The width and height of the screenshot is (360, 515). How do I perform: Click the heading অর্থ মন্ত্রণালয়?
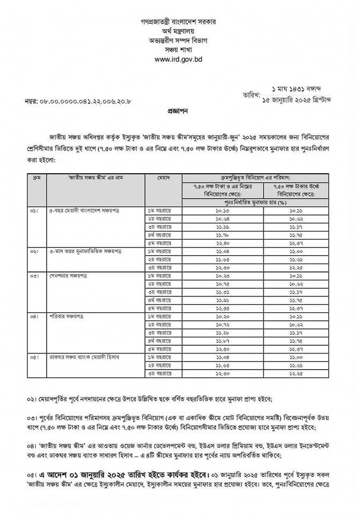pyautogui.click(x=180, y=31)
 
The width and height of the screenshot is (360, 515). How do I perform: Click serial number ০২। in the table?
pyautogui.click(x=35, y=251)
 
